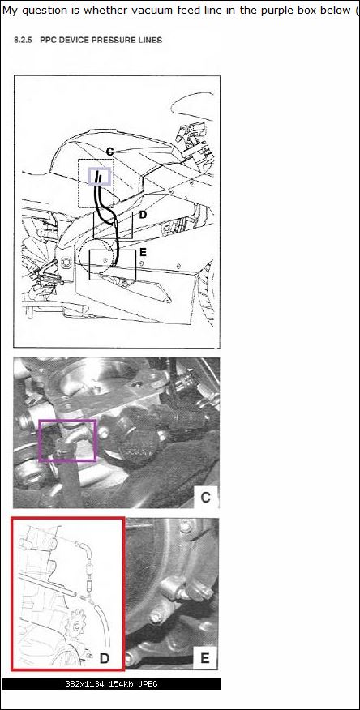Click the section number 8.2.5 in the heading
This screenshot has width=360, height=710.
[24, 40]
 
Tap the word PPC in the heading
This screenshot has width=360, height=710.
[48, 40]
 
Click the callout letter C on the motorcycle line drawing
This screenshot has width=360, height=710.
[109, 152]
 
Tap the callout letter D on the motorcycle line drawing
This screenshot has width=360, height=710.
[143, 215]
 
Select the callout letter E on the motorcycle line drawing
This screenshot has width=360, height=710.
[143, 252]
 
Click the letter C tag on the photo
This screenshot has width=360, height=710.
[205, 498]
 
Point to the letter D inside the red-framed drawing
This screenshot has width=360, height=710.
[105, 657]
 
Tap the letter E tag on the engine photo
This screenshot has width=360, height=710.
[204, 658]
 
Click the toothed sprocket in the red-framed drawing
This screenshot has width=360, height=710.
[76, 626]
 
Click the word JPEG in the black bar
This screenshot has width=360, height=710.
[148, 684]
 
